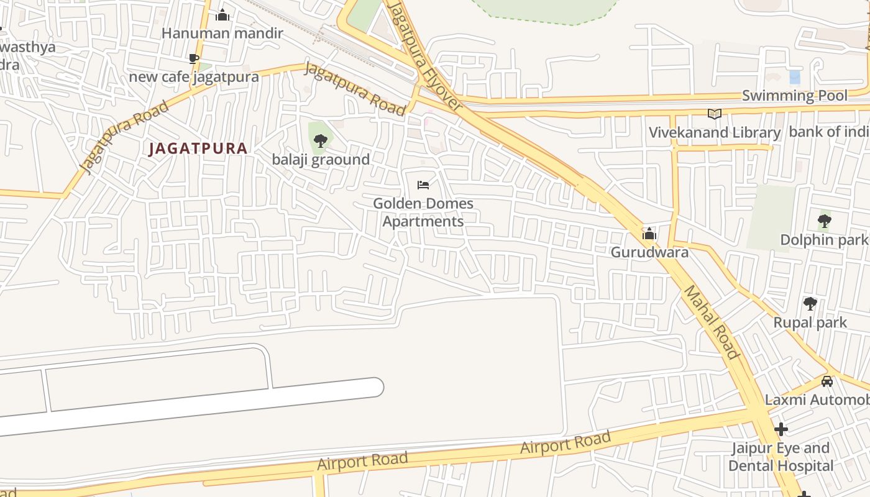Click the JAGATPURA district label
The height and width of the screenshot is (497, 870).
pyautogui.click(x=198, y=148)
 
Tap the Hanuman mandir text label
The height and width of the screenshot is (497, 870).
pyautogui.click(x=222, y=33)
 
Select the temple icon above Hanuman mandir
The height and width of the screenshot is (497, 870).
pyautogui.click(x=222, y=15)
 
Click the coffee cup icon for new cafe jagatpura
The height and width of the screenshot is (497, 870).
pyautogui.click(x=194, y=58)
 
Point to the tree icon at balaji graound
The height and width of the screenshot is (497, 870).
pyautogui.click(x=321, y=140)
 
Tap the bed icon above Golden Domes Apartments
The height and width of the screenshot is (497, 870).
pyautogui.click(x=423, y=185)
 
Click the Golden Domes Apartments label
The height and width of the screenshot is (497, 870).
pyautogui.click(x=423, y=212)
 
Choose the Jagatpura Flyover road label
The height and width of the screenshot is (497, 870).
pyautogui.click(x=426, y=56)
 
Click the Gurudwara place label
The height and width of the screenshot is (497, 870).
pyautogui.click(x=649, y=252)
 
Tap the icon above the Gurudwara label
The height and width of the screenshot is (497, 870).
pyautogui.click(x=649, y=234)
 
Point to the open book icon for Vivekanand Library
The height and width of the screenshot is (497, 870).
pyautogui.click(x=715, y=114)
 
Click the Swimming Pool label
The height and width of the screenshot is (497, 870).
pyautogui.click(x=795, y=96)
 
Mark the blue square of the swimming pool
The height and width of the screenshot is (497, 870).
pyautogui.click(x=795, y=77)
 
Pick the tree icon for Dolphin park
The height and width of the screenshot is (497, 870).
pyautogui.click(x=824, y=221)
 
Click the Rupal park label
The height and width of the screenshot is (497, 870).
pyautogui.click(x=810, y=322)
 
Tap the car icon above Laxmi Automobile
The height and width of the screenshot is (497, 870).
pyautogui.click(x=826, y=381)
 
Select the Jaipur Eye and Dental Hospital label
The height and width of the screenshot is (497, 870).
pyautogui.click(x=781, y=457)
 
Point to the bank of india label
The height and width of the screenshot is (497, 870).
pyautogui.click(x=829, y=132)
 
